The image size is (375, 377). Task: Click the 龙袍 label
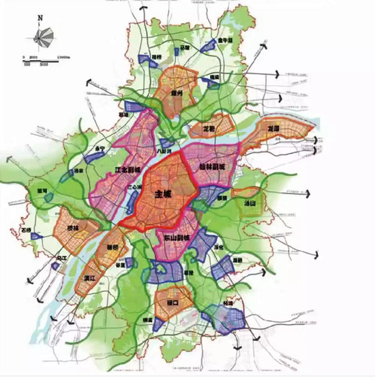[211, 127]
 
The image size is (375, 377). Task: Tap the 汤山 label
[250, 203]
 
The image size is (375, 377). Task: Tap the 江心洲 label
[135, 184]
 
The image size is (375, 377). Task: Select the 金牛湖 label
[226, 41]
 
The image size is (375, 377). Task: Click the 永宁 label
[101, 149]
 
